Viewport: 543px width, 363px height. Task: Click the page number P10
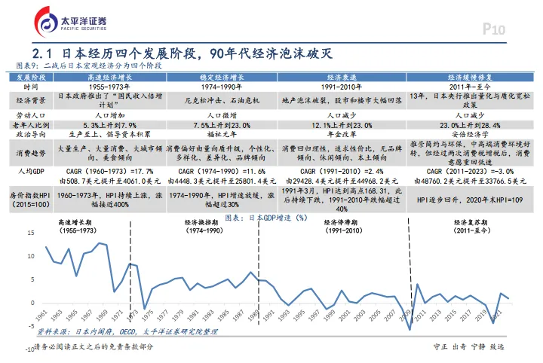(493, 29)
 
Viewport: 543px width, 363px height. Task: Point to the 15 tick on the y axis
(31, 232)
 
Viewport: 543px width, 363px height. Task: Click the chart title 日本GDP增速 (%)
(269, 217)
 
